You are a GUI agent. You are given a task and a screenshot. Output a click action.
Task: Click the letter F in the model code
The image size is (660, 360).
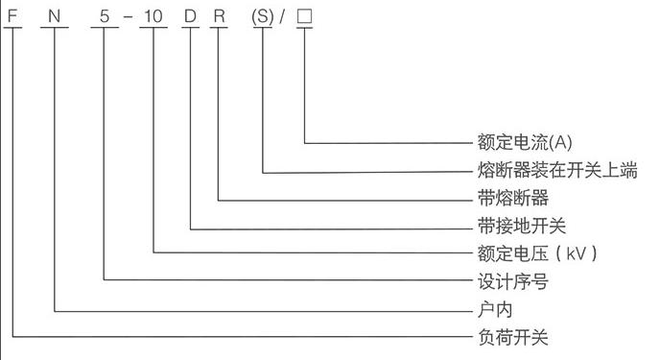pyautogui.click(x=12, y=16)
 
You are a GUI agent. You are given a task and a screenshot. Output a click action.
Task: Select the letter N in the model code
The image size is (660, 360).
pyautogui.click(x=55, y=16)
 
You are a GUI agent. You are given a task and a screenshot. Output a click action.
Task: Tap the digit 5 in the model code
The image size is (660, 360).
pyautogui.click(x=105, y=16)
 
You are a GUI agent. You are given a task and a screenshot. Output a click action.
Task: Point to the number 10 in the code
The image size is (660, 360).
pyautogui.click(x=153, y=16)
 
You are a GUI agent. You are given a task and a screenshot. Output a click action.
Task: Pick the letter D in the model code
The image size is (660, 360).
pyautogui.click(x=190, y=16)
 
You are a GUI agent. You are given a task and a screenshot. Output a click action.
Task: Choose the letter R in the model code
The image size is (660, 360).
pyautogui.click(x=220, y=16)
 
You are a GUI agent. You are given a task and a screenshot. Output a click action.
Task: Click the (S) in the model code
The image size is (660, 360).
pyautogui.click(x=263, y=16)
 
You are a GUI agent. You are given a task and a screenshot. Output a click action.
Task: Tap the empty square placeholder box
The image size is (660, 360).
pyautogui.click(x=304, y=16)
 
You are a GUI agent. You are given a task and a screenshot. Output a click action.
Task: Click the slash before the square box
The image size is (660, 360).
pyautogui.click(x=282, y=16)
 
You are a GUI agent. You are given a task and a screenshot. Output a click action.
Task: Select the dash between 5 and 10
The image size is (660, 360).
pyautogui.click(x=128, y=17)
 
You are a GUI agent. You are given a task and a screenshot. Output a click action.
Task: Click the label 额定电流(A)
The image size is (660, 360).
pyautogui.click(x=525, y=142)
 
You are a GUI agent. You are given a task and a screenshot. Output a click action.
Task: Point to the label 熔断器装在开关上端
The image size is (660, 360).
pyautogui.click(x=557, y=170)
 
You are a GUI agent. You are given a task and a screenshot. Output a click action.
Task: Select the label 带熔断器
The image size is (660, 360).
pyautogui.click(x=513, y=198)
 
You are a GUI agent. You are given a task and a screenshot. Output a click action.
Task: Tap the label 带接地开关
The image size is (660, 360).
pyautogui.click(x=522, y=226)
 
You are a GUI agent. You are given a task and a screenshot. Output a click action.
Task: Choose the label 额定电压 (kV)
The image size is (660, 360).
pyautogui.click(x=537, y=253)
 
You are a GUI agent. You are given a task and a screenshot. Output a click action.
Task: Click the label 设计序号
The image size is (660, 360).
pyautogui.click(x=513, y=281)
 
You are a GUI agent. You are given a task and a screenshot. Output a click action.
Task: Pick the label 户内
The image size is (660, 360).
pyautogui.click(x=495, y=309)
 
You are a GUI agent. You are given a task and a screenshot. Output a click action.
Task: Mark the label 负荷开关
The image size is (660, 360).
pyautogui.click(x=513, y=337)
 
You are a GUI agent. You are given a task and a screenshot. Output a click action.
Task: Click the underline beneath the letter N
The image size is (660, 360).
pyautogui.click(x=55, y=28)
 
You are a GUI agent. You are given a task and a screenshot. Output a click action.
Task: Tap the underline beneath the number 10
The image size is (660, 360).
pyautogui.click(x=153, y=28)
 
